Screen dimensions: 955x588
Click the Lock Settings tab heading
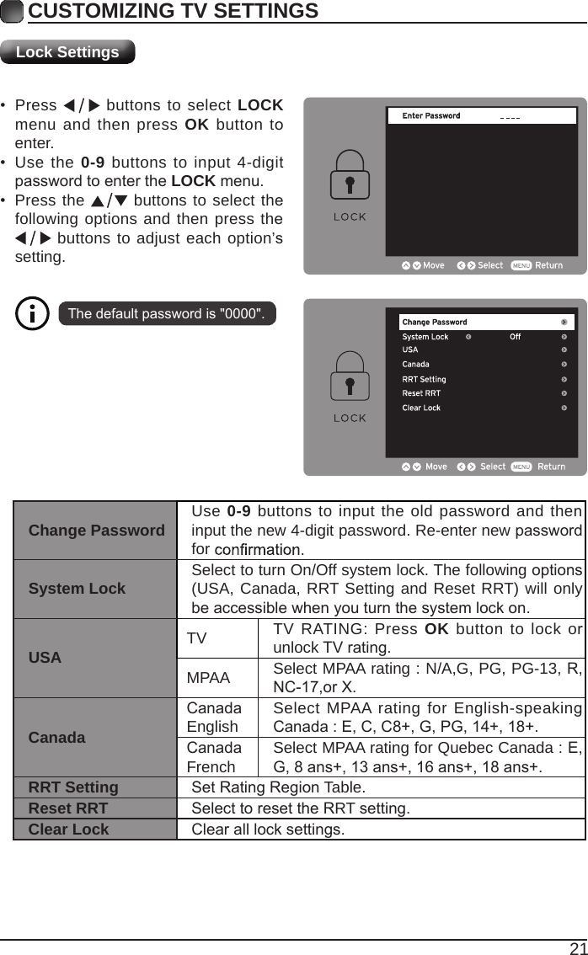pyautogui.click(x=67, y=52)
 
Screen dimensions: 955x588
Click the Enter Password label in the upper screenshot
pyautogui.click(x=431, y=116)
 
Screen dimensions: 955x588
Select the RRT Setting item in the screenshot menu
pyautogui.click(x=424, y=379)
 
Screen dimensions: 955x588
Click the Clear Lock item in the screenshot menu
pyautogui.click(x=421, y=408)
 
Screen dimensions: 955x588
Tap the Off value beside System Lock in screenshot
pyautogui.click(x=515, y=337)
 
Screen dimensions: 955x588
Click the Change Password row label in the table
pyautogui.click(x=96, y=531)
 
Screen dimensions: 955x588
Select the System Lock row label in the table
pyautogui.click(x=77, y=589)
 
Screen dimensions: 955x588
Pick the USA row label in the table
pyautogui.click(x=45, y=658)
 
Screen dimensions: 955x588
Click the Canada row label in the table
pyautogui.click(x=56, y=738)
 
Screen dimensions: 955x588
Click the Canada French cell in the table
pyautogui.click(x=214, y=757)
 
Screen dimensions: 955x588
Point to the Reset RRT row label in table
pyautogui.click(x=68, y=808)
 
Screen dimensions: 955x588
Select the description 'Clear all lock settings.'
pyautogui.click(x=268, y=830)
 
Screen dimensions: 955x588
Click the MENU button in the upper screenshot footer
pyautogui.click(x=521, y=265)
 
